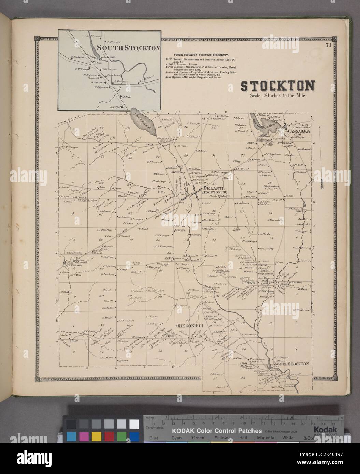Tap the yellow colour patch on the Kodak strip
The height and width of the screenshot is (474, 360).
point(97,436)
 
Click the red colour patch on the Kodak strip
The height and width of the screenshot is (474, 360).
point(109,436)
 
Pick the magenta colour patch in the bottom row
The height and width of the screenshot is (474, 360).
point(84,436)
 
